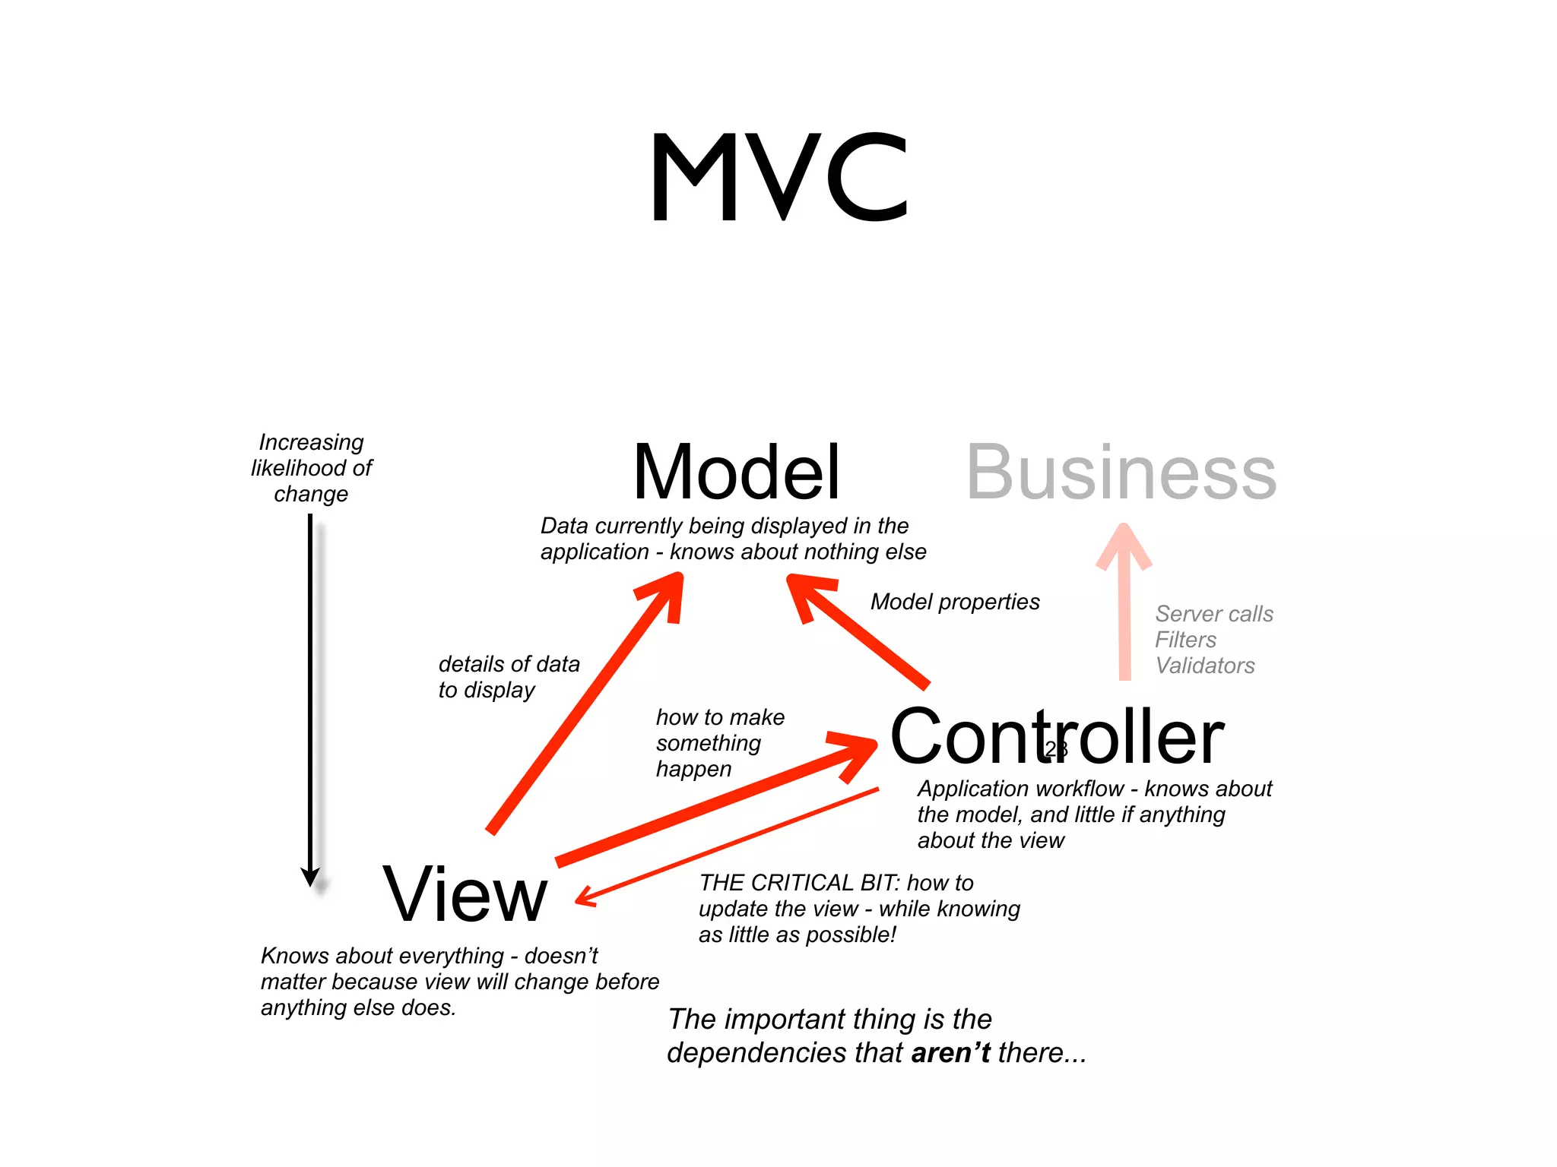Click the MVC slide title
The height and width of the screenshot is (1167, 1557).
[x=778, y=177]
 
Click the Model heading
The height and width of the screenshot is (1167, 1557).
[x=736, y=473]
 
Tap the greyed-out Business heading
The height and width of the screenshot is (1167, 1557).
[x=1121, y=473]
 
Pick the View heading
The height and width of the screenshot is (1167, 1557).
[x=465, y=894]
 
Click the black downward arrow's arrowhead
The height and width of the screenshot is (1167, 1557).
[x=310, y=877]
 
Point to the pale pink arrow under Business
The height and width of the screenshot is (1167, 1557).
[x=1124, y=608]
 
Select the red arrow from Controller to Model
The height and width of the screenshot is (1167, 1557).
[x=859, y=631]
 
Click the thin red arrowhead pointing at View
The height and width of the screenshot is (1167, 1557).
[x=585, y=897]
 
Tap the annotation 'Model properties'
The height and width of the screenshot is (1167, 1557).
[x=955, y=602]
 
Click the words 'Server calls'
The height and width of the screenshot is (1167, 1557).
[x=1214, y=614]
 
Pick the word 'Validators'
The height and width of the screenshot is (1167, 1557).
[x=1205, y=666]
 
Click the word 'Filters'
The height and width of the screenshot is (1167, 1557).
[x=1185, y=640]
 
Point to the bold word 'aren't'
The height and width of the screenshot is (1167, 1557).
[x=950, y=1053]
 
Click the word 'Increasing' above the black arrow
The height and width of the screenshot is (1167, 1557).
[x=311, y=442]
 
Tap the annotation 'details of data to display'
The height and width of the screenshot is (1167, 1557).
[x=508, y=677]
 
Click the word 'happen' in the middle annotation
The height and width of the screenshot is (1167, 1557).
[x=693, y=769]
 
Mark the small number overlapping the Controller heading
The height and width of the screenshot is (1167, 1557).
[x=1056, y=749]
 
